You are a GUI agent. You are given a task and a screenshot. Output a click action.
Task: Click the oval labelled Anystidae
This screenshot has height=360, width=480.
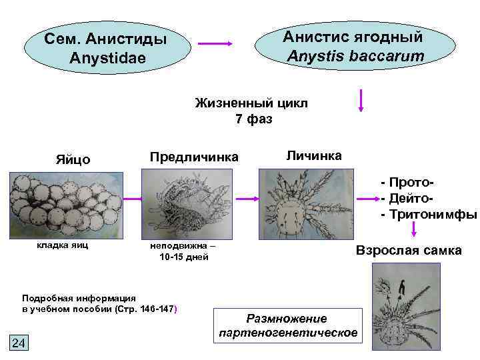[x=106, y=47]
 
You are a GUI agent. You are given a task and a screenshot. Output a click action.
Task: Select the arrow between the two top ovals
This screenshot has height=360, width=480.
[x=215, y=43]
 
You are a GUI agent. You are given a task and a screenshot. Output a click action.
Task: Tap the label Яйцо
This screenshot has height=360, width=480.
[x=73, y=160]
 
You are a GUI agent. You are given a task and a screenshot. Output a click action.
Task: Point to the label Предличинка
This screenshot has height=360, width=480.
[x=194, y=157]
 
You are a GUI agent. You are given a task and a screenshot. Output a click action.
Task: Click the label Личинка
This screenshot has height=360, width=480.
[x=314, y=155]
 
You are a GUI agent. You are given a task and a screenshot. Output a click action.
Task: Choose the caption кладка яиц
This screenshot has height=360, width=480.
[x=61, y=245]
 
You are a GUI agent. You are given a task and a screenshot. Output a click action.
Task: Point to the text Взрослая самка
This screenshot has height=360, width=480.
[x=409, y=251]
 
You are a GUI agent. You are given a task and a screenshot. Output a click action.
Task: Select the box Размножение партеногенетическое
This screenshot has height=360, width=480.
[x=287, y=325]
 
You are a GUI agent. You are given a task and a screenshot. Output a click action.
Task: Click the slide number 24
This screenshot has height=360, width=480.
[x=19, y=343]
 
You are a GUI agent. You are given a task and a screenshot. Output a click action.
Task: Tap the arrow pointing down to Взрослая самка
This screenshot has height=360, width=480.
[x=413, y=229]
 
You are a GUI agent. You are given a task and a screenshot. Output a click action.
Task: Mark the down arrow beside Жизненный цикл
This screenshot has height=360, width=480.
[x=361, y=101]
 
